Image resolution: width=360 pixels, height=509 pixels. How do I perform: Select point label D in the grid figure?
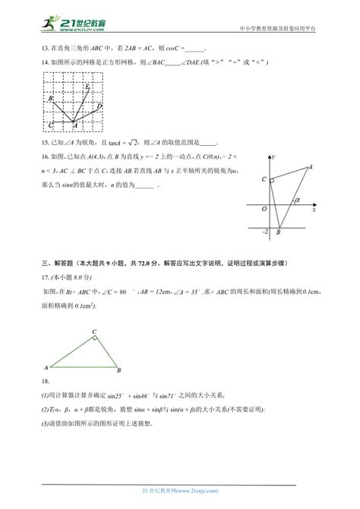[x=99, y=106]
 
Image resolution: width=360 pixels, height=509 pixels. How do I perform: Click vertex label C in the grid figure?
[x=50, y=124]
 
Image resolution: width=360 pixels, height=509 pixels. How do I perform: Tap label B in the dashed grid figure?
[x=51, y=99]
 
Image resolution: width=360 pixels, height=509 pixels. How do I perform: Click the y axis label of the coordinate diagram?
[x=273, y=155]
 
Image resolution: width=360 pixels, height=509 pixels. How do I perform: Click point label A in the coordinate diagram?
[x=310, y=166]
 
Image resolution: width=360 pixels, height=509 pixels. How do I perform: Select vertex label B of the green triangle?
[x=118, y=370]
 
